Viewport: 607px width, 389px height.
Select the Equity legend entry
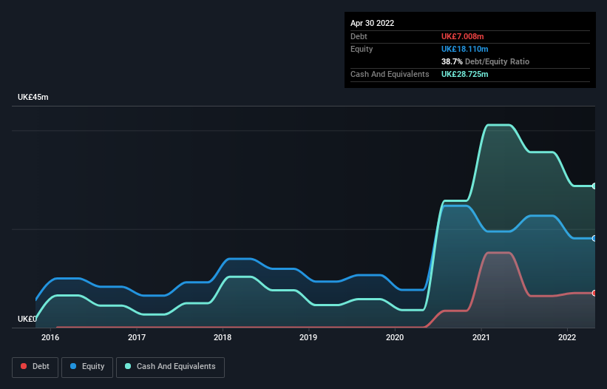click(x=87, y=367)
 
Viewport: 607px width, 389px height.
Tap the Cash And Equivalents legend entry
click(x=170, y=367)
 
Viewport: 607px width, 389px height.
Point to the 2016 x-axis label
click(x=50, y=338)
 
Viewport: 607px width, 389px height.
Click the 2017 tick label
click(x=137, y=338)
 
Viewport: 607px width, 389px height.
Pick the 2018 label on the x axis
click(x=223, y=338)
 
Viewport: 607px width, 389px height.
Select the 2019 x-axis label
click(x=308, y=338)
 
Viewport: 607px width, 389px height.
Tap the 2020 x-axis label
click(x=395, y=338)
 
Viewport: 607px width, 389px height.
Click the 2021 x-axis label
click(x=481, y=338)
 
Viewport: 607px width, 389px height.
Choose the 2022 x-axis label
click(x=567, y=338)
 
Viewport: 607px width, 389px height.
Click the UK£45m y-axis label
click(x=33, y=98)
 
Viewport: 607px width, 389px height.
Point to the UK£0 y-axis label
click(x=27, y=319)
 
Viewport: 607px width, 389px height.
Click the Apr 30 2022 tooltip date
click(x=372, y=23)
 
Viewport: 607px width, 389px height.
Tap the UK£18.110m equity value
click(x=467, y=49)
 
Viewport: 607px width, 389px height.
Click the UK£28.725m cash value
click(x=467, y=75)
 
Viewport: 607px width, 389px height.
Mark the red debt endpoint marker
click(x=594, y=294)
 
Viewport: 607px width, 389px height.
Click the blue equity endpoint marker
click(x=594, y=238)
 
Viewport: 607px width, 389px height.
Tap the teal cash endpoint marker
click(x=594, y=186)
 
